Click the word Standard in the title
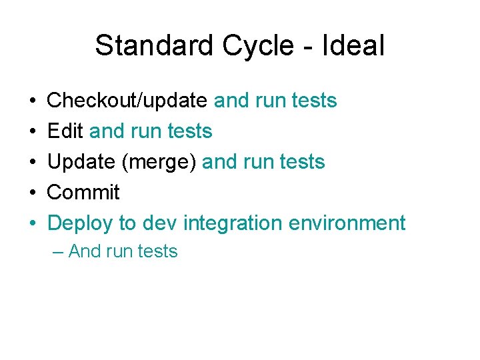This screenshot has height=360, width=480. pos(154,46)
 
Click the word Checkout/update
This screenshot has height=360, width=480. pos(127,101)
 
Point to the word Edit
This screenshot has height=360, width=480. pos(65,131)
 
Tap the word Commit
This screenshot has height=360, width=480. pos(83,193)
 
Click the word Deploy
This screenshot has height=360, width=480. pos(81,223)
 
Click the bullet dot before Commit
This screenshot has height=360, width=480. pos(33,193)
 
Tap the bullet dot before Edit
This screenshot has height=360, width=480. pos(33,131)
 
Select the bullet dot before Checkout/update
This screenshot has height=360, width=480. pos(33,101)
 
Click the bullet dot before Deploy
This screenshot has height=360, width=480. pos(33,223)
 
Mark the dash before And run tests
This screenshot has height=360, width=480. pos(59,252)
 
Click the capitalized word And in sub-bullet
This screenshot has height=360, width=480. pos(84,251)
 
